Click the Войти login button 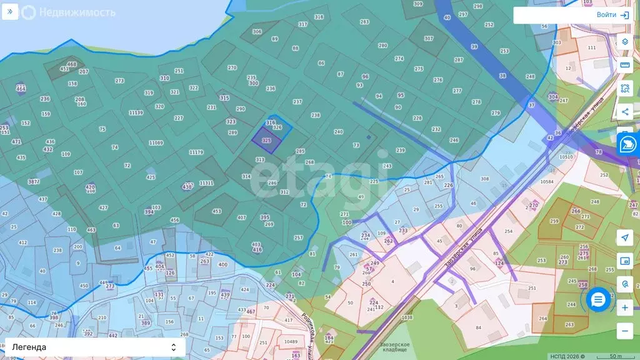[612, 15]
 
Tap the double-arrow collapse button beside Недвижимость [10, 12]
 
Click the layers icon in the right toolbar [624, 42]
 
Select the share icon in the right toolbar [624, 112]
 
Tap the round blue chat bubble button [598, 300]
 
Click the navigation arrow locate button [624, 237]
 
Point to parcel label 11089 [156, 143]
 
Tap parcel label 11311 [206, 183]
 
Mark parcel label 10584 [547, 182]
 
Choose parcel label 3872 [34, 182]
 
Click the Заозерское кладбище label [394, 347]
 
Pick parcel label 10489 [290, 342]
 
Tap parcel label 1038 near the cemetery [407, 317]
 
